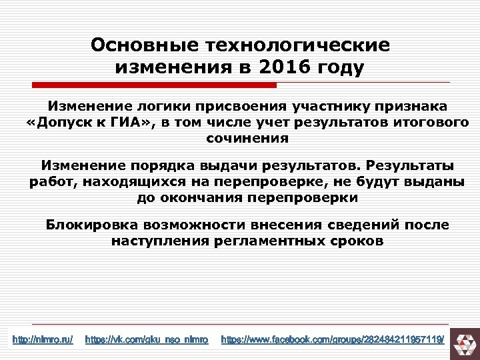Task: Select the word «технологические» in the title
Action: tap(299, 45)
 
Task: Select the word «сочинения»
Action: tap(247, 139)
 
